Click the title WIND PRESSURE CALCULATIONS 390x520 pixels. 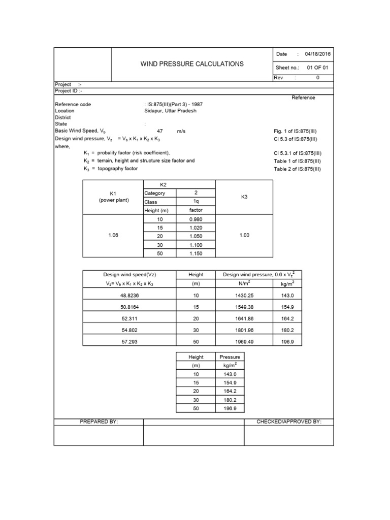click(192, 64)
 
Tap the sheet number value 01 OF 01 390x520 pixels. click(318, 67)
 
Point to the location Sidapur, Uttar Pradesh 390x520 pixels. click(170, 111)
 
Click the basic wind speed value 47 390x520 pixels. click(159, 131)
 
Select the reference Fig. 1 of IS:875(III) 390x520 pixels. click(295, 131)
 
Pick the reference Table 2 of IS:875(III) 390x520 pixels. click(298, 169)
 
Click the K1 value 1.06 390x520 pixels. click(113, 236)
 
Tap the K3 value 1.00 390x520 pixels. click(244, 236)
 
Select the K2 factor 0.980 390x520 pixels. click(196, 219)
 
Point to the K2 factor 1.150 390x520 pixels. click(196, 253)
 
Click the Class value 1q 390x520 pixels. click(196, 202)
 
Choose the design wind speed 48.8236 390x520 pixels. click(129, 295)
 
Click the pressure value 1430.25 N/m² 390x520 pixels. click(245, 295)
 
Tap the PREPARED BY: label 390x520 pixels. click(99, 421)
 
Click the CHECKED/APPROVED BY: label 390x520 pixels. click(289, 421)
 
